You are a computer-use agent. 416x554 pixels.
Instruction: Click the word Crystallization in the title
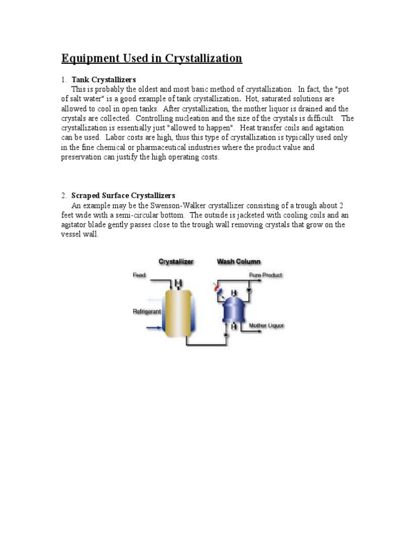pyautogui.click(x=206, y=58)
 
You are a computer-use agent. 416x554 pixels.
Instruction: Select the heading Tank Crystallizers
pyautogui.click(x=103, y=80)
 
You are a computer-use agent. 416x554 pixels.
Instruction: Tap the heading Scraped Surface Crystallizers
pyautogui.click(x=123, y=195)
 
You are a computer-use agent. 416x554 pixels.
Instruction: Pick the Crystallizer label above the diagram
pyautogui.click(x=175, y=262)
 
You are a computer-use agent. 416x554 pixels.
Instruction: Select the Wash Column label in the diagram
pyautogui.click(x=238, y=262)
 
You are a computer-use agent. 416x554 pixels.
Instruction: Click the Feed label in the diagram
pyautogui.click(x=139, y=275)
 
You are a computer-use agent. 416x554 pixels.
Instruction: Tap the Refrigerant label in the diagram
pyautogui.click(x=147, y=312)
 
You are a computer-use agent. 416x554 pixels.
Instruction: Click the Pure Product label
pyautogui.click(x=265, y=275)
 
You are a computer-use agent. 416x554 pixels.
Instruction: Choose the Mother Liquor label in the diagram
pyautogui.click(x=266, y=326)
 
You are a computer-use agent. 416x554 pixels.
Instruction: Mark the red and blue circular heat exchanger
pyautogui.click(x=218, y=291)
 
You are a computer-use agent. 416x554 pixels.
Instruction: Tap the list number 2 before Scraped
pyautogui.click(x=63, y=195)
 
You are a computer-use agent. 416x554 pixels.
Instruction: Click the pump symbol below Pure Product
pyautogui.click(x=249, y=291)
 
